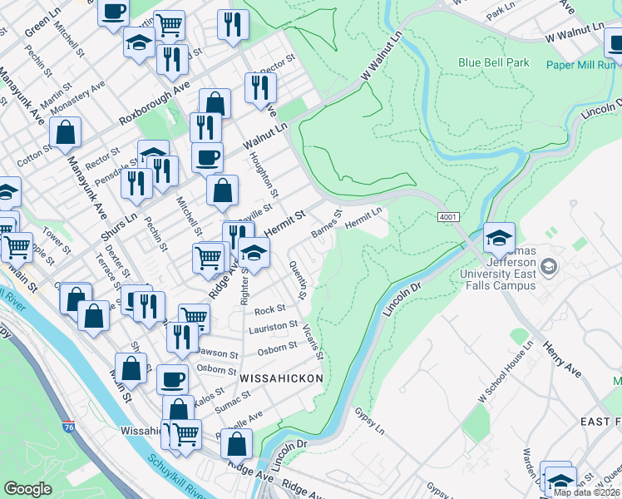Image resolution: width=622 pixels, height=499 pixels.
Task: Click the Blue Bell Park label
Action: coord(493,62)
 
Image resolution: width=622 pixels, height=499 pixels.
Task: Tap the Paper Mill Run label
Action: coord(582,64)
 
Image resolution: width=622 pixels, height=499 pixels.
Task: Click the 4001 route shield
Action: coord(448,217)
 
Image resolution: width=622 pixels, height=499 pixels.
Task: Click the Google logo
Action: coord(28,489)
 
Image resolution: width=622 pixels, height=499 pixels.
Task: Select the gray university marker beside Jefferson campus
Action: coord(548,267)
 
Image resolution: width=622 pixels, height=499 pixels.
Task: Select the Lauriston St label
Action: coord(276,327)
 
